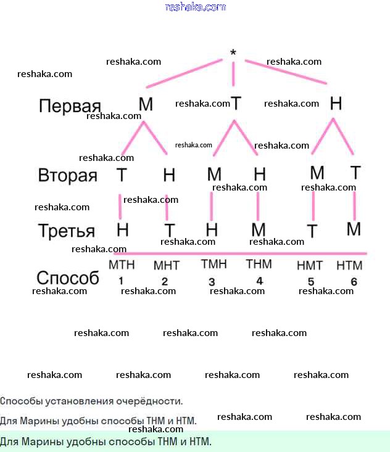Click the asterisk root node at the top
coord(233,53)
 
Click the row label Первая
coord(70,106)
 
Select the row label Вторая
coord(68,176)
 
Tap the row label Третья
coord(67,231)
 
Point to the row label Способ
coord(68,278)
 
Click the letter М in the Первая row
coord(146,105)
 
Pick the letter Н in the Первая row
coord(336,104)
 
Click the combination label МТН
coord(122,266)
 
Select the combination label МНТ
coord(166,266)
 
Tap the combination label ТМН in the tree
coord(214,265)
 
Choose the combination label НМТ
coord(310,266)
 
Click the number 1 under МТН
coord(121,281)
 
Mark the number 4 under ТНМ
coord(259,281)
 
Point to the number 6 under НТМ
coord(354,282)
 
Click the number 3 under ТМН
coord(212,282)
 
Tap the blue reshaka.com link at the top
coord(196,7)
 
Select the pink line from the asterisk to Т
coord(233,75)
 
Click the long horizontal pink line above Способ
coord(241,253)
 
